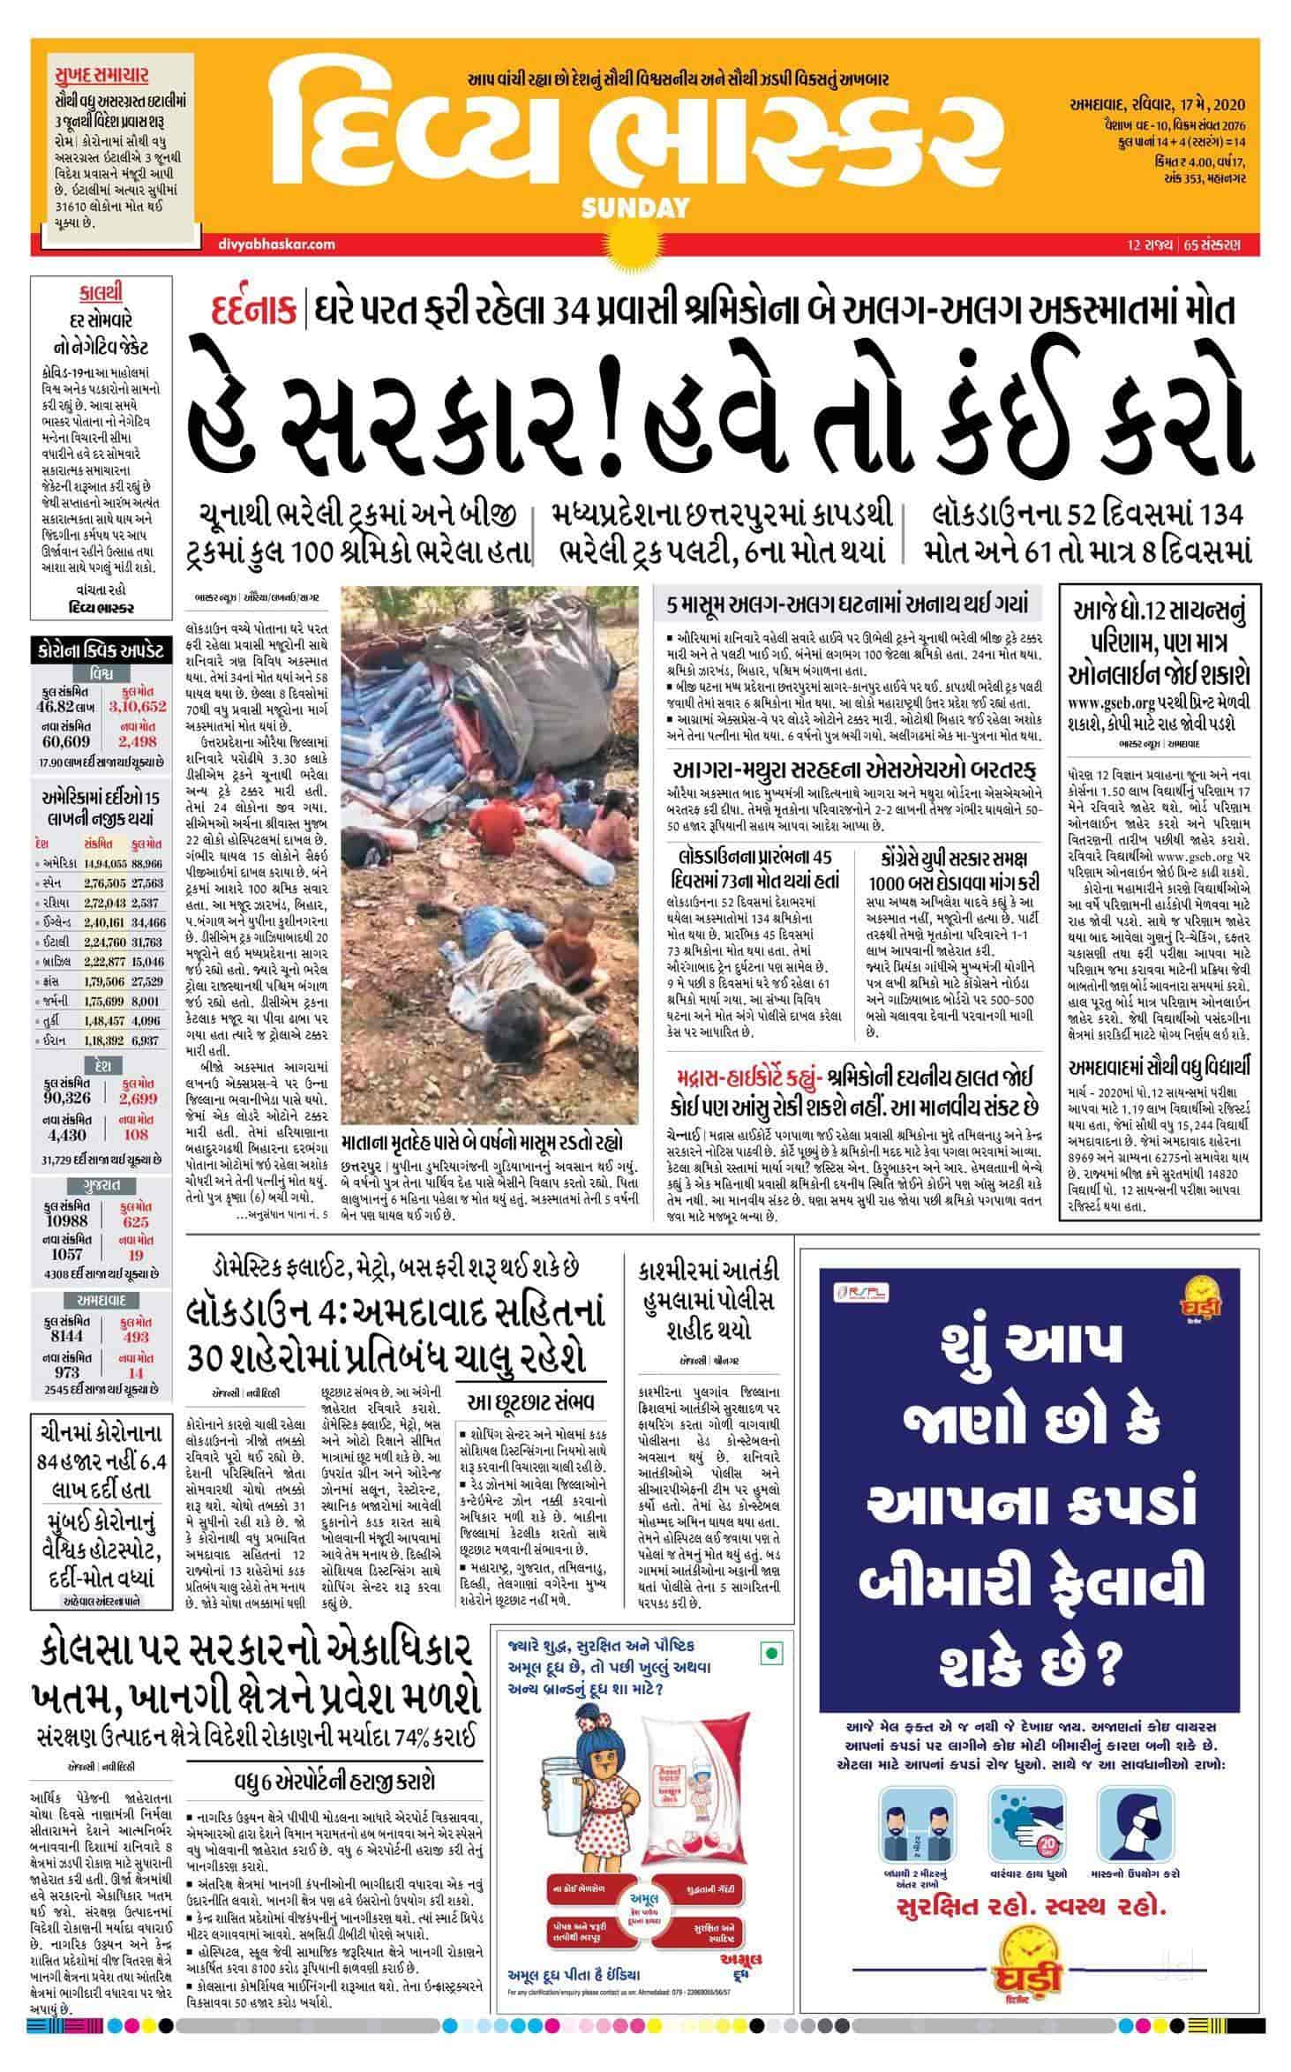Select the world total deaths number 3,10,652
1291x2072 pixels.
coord(137,707)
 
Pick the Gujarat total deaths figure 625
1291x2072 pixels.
coord(136,1222)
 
